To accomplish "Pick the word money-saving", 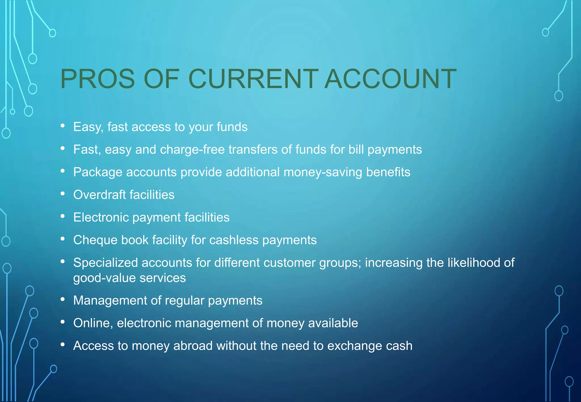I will [323, 172].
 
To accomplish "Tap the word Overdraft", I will [99, 195].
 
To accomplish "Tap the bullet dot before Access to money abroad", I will [63, 345].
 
